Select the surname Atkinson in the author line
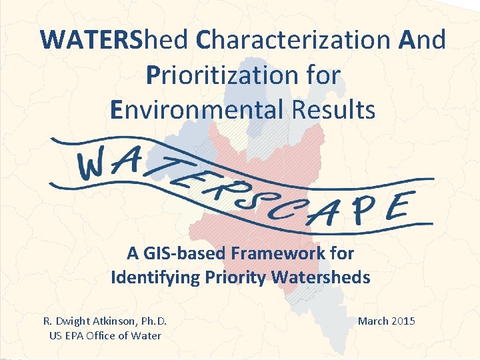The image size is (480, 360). (114, 321)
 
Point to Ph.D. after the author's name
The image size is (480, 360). (152, 321)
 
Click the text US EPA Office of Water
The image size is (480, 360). (105, 335)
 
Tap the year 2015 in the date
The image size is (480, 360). (403, 321)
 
